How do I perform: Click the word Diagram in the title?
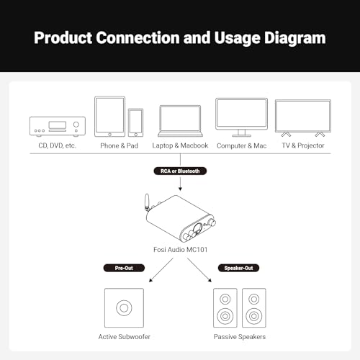pyautogui.click(x=295, y=38)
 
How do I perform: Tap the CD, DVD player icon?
pyautogui.click(x=58, y=127)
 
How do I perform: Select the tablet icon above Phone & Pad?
pyautogui.click(x=110, y=117)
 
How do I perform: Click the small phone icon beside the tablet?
pyautogui.click(x=135, y=122)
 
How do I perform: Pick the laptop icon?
pyautogui.click(x=180, y=121)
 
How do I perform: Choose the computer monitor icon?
pyautogui.click(x=241, y=117)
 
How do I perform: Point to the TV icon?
pyautogui.click(x=303, y=118)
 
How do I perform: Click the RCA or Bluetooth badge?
pyautogui.click(x=180, y=171)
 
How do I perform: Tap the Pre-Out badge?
pyautogui.click(x=124, y=268)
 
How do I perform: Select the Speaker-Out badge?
pyautogui.click(x=238, y=268)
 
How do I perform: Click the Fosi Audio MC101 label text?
pyautogui.click(x=180, y=250)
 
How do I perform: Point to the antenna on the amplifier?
pyautogui.click(x=147, y=202)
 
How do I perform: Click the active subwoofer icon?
pyautogui.click(x=124, y=307)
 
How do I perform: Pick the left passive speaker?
pyautogui.click(x=225, y=307)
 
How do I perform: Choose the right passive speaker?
pyautogui.click(x=254, y=307)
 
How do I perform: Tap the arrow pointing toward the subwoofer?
pyautogui.click(x=161, y=270)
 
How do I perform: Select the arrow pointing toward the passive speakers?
pyautogui.click(x=199, y=270)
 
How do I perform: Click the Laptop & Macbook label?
pyautogui.click(x=180, y=145)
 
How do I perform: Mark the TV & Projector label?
pyautogui.click(x=303, y=145)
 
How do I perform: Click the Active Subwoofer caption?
pyautogui.click(x=124, y=337)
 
